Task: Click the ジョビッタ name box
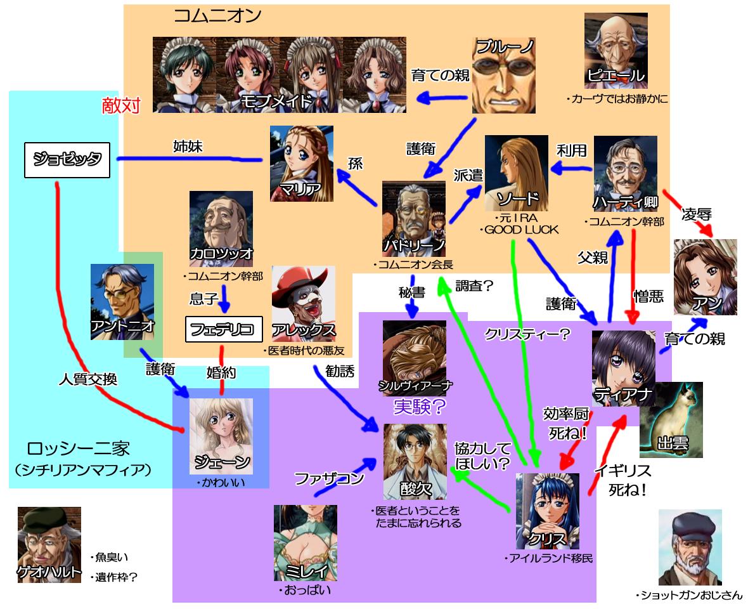click(67, 159)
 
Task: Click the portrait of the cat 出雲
click(671, 419)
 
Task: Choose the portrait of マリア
click(301, 163)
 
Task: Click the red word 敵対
click(121, 105)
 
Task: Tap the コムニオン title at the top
click(217, 16)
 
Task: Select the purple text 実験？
click(419, 405)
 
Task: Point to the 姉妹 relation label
click(188, 146)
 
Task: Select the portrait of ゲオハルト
click(49, 544)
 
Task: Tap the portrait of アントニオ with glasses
click(122, 301)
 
